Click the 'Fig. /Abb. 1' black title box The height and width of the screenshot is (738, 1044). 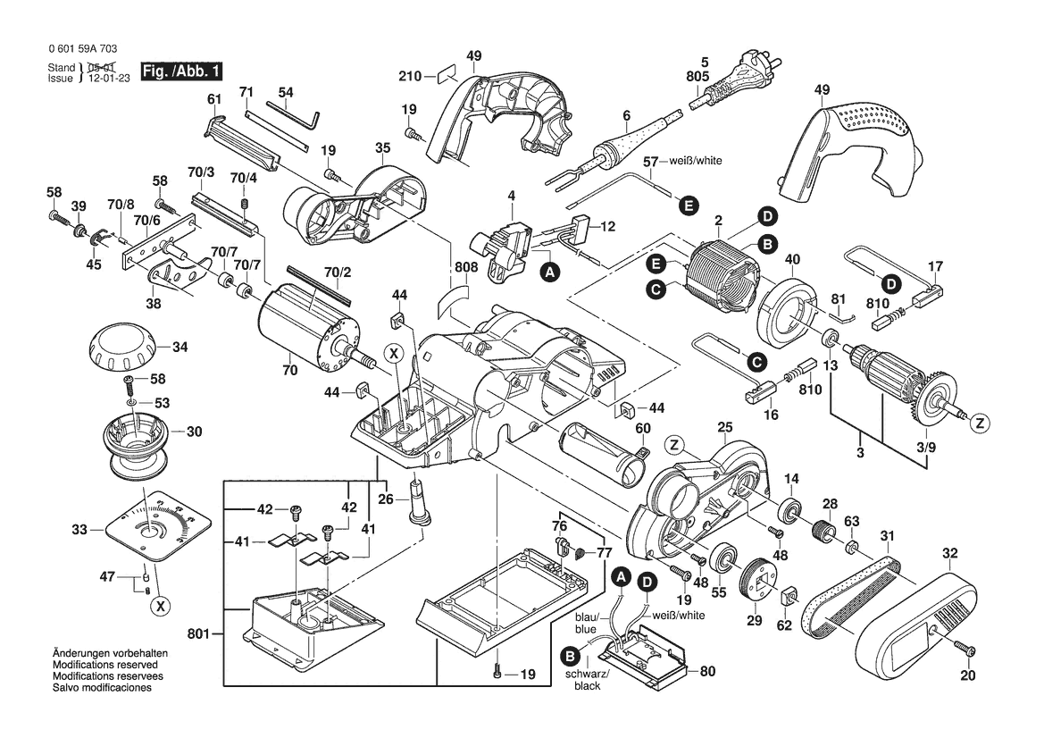(x=182, y=71)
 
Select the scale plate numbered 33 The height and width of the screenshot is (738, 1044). (x=158, y=525)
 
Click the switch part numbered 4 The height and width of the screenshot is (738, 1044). (x=504, y=250)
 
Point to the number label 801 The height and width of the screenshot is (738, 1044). (x=198, y=634)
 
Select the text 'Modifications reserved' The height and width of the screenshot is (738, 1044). (x=105, y=665)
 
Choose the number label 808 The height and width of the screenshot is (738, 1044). (x=466, y=267)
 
